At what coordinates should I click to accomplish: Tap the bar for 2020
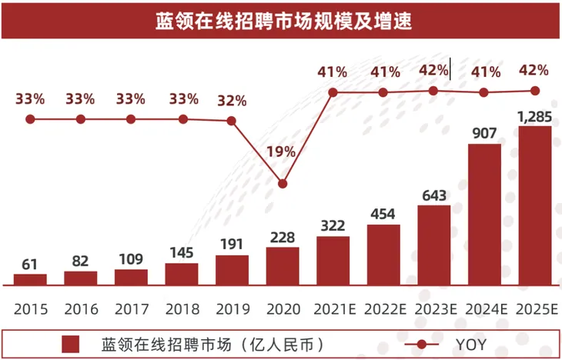(x=283, y=265)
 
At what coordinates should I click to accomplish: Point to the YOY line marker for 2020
(x=283, y=184)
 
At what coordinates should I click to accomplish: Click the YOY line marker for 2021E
(x=333, y=92)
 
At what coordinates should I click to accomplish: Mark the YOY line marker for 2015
(x=30, y=119)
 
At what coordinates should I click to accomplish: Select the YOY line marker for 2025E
(x=534, y=90)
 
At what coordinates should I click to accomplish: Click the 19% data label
(x=281, y=152)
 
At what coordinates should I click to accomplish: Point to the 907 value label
(x=484, y=133)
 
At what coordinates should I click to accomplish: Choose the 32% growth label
(x=232, y=101)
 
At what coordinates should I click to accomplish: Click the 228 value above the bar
(x=283, y=238)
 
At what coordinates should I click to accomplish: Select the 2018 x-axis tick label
(x=182, y=309)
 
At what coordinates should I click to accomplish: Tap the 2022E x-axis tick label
(x=383, y=309)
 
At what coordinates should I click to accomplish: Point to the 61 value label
(x=30, y=265)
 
